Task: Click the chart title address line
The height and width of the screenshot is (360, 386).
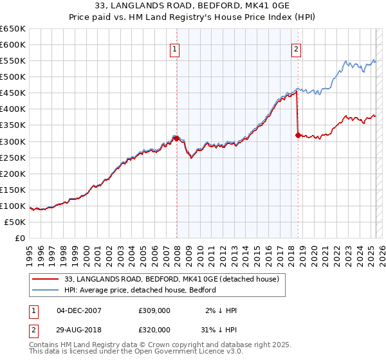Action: [x=193, y=7]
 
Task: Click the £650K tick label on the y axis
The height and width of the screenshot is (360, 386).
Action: [x=13, y=29]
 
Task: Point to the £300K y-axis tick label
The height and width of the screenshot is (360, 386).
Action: [x=13, y=141]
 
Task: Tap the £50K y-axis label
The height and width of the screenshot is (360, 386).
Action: [x=15, y=222]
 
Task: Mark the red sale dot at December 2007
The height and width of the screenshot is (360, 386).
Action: [x=176, y=138]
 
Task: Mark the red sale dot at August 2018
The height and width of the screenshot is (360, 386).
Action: [x=298, y=135]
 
